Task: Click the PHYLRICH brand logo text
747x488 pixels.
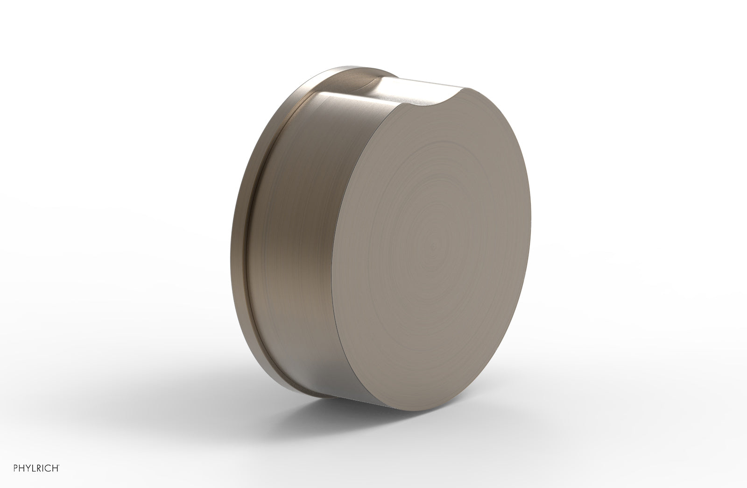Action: point(36,468)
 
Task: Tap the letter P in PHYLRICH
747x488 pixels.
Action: point(15,468)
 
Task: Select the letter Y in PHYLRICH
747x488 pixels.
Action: point(28,468)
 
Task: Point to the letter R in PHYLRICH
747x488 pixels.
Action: point(39,468)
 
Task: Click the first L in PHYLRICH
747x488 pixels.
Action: point(34,468)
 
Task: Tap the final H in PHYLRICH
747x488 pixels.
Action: point(55,468)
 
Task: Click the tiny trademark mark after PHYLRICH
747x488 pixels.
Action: point(59,466)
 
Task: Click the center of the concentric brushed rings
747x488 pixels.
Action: point(435,245)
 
